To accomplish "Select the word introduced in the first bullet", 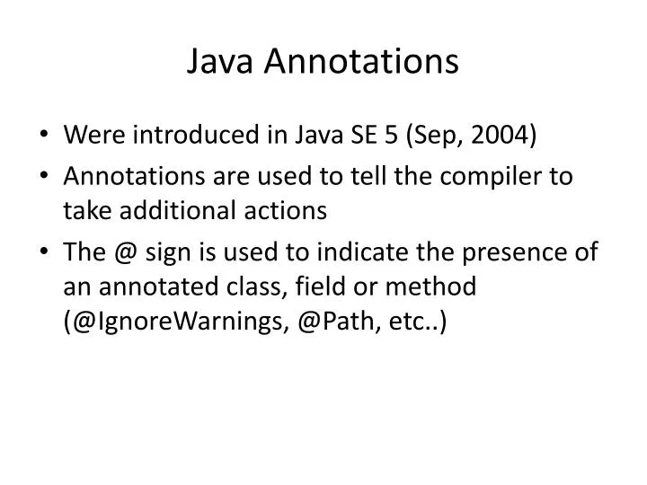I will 208,136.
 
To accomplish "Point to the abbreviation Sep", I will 432,137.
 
